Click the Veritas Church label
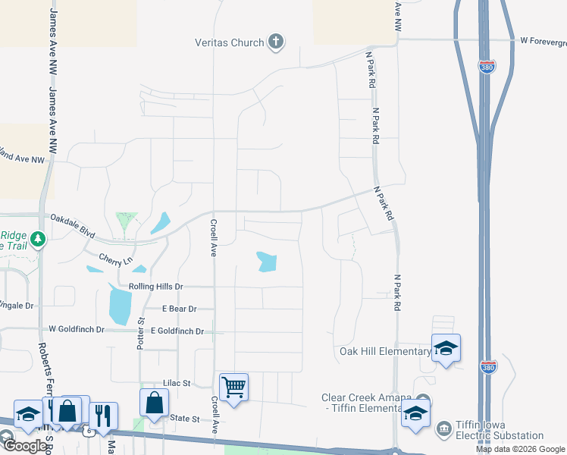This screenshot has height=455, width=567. click(x=227, y=42)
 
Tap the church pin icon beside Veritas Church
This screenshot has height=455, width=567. click(x=276, y=42)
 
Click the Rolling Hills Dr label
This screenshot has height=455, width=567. click(x=156, y=287)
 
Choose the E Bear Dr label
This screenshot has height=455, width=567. click(x=179, y=309)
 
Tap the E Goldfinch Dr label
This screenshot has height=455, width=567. click(x=177, y=331)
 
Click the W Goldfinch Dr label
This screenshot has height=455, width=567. click(x=76, y=329)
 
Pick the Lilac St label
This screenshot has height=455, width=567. click(x=177, y=384)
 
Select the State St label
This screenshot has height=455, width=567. click(x=184, y=419)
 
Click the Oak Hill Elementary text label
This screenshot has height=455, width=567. click(x=385, y=351)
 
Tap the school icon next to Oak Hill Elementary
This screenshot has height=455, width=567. click(x=446, y=348)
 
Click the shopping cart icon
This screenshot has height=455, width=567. click(x=233, y=388)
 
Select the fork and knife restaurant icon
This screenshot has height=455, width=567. click(x=103, y=416)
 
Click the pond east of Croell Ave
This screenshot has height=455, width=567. click(x=266, y=262)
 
